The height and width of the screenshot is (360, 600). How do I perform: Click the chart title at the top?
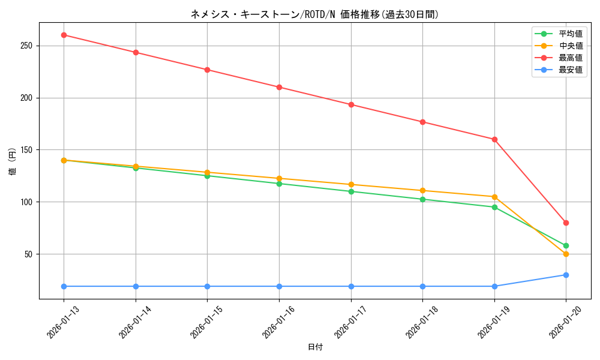(x=314, y=14)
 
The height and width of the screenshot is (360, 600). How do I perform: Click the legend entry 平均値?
(x=570, y=34)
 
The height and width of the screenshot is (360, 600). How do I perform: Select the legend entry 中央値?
(x=570, y=46)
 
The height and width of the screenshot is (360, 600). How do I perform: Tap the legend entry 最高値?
(x=570, y=58)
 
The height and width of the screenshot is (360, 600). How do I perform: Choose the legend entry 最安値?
(x=570, y=70)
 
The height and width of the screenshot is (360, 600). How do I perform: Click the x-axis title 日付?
(x=315, y=347)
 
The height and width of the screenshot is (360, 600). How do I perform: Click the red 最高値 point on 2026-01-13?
(x=64, y=35)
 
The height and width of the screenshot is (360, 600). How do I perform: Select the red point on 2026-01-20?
(x=566, y=223)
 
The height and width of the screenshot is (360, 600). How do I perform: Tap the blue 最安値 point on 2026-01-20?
(x=566, y=275)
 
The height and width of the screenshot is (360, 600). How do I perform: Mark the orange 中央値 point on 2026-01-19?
(x=494, y=197)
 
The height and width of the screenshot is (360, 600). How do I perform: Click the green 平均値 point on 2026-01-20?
(x=566, y=245)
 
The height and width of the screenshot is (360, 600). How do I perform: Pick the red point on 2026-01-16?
(x=279, y=87)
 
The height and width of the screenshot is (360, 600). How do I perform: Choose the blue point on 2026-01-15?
(x=207, y=286)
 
